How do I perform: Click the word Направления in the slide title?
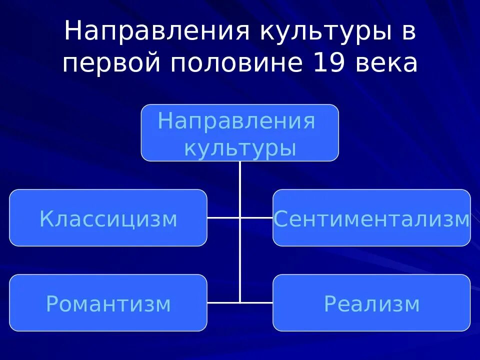pos(156,32)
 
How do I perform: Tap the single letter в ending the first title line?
pos(408,32)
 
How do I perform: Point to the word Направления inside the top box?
pos(236,121)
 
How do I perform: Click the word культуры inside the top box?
pos(240,148)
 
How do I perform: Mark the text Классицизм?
pos(108,219)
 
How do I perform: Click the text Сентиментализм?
pos(371,219)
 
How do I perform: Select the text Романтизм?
pos(108,304)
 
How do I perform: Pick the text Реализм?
pos(371,304)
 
